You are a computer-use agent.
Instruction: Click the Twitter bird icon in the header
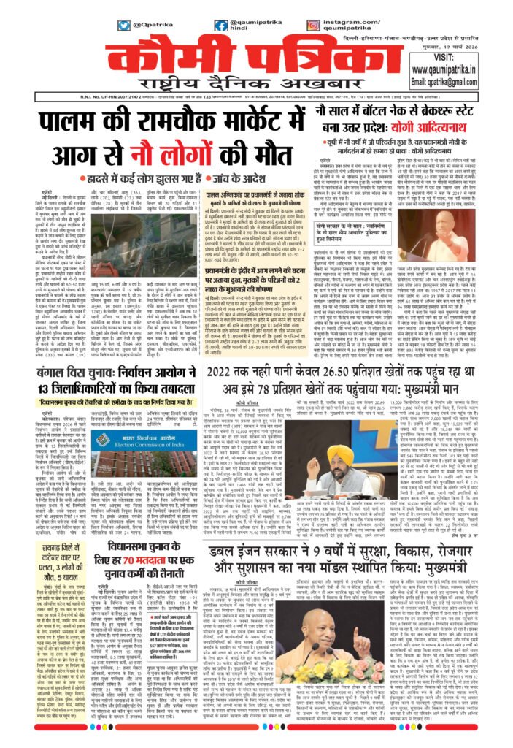[124, 26]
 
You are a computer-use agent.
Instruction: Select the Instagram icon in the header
[312, 26]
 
